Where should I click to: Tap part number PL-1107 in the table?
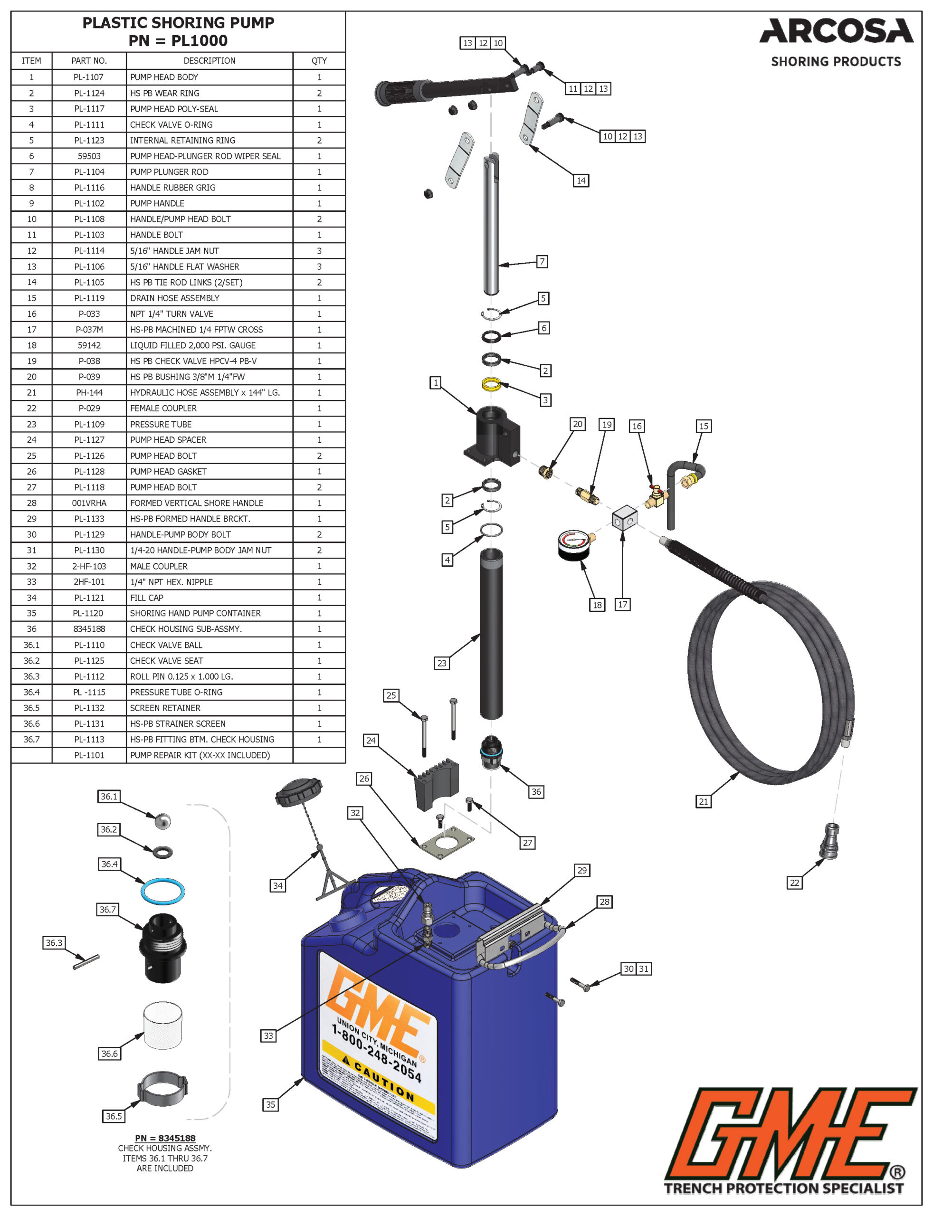click(89, 77)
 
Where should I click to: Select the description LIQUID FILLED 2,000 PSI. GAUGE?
click(193, 345)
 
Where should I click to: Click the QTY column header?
click(319, 60)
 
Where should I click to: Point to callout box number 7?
click(542, 262)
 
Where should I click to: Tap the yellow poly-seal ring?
click(491, 384)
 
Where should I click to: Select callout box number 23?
click(441, 663)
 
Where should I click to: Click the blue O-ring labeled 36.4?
click(162, 891)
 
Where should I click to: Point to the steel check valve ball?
click(162, 821)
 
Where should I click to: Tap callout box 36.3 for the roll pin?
click(54, 943)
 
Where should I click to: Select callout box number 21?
click(703, 801)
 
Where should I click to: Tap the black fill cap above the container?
click(299, 791)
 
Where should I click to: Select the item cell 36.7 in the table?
click(32, 740)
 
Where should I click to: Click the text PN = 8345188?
click(165, 1138)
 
